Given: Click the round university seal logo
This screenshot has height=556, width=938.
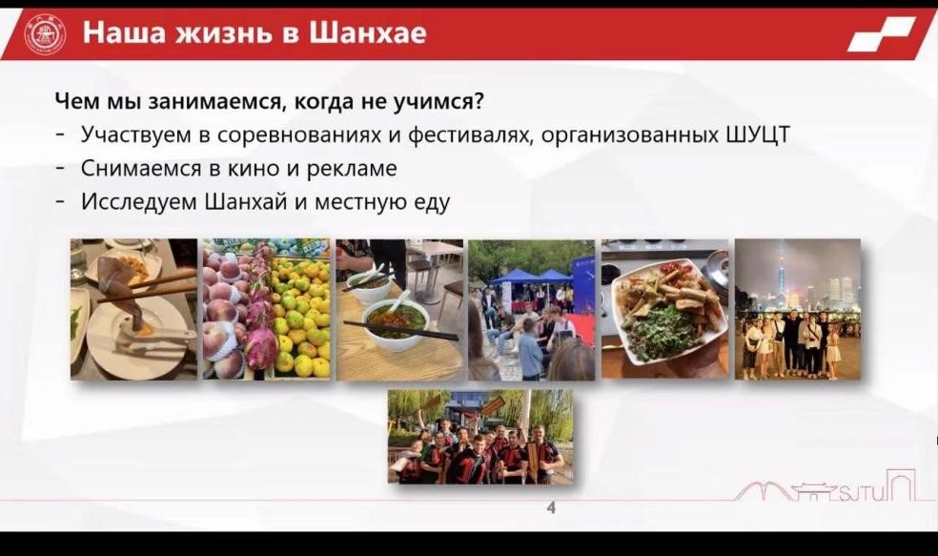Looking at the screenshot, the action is pos(45,33).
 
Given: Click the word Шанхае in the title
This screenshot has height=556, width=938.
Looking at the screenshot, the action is pos(368,32).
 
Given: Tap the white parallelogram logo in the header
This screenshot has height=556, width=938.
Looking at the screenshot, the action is pos(881,34).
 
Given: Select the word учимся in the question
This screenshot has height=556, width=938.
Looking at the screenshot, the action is pos(438,102).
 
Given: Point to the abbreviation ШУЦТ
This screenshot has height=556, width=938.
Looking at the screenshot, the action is pos(759,134).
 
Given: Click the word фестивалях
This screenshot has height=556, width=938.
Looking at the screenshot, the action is pos(470,135).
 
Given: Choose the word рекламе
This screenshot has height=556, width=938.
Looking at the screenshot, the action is pos(352,169).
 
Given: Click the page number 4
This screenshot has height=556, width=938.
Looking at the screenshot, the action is pos(551,508).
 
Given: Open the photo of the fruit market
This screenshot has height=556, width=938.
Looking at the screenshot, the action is pos(266,309).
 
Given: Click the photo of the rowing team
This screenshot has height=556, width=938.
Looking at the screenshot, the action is pos(479,436).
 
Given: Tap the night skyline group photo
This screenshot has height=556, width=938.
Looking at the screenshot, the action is pos(798,309).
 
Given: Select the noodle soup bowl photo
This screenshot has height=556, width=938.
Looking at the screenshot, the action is pos(399,309).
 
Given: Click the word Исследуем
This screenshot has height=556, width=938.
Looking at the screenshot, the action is pos(139,201).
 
